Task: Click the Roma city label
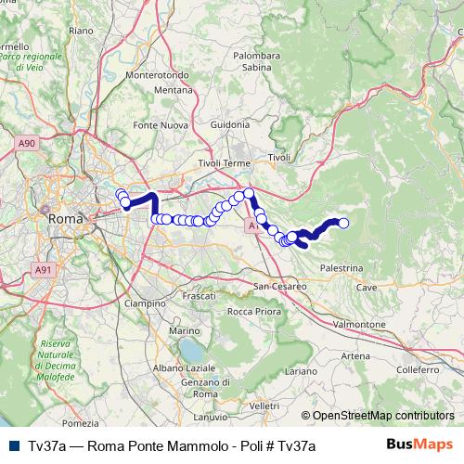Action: (x=65, y=219)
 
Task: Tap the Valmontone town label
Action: (x=359, y=325)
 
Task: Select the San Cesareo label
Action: (x=276, y=285)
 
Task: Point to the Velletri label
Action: (x=264, y=406)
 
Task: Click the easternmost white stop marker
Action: (x=343, y=223)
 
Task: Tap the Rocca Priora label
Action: (x=253, y=311)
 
